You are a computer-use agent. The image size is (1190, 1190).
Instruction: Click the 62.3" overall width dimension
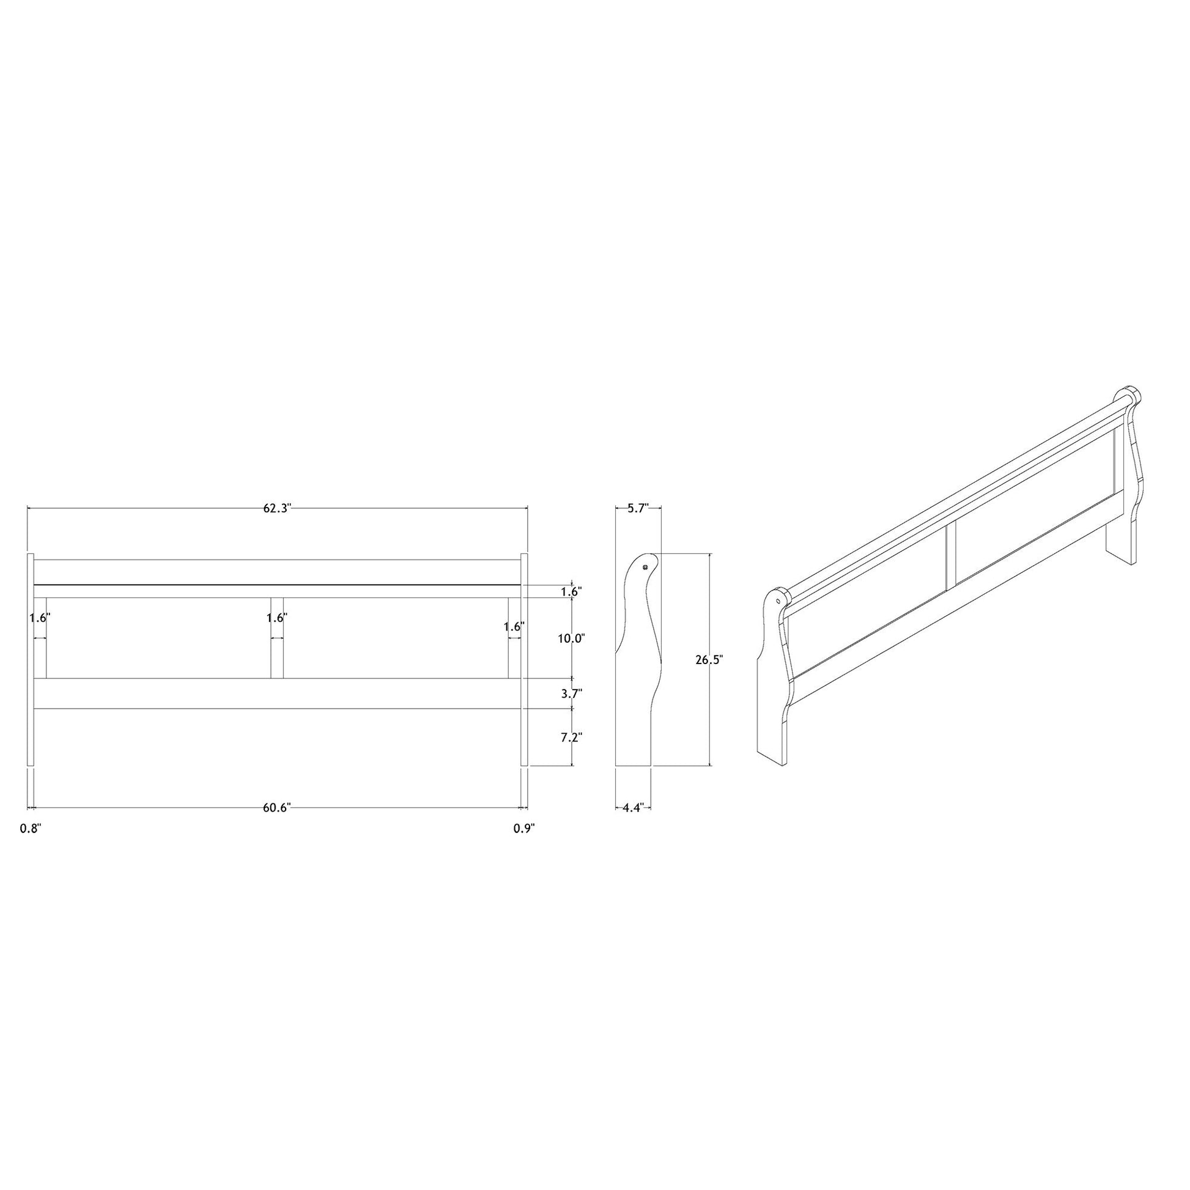pyautogui.click(x=277, y=508)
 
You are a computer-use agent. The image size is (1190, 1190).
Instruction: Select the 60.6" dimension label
pyautogui.click(x=276, y=807)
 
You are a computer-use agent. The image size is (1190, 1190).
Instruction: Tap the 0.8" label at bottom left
pyautogui.click(x=31, y=829)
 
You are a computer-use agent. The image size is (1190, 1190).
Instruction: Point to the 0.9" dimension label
pyautogui.click(x=524, y=829)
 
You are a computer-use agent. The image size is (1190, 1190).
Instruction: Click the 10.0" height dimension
pyautogui.click(x=571, y=638)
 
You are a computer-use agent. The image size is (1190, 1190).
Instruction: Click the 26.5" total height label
pyautogui.click(x=709, y=659)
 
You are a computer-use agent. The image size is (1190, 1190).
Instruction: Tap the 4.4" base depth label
pyautogui.click(x=632, y=807)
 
